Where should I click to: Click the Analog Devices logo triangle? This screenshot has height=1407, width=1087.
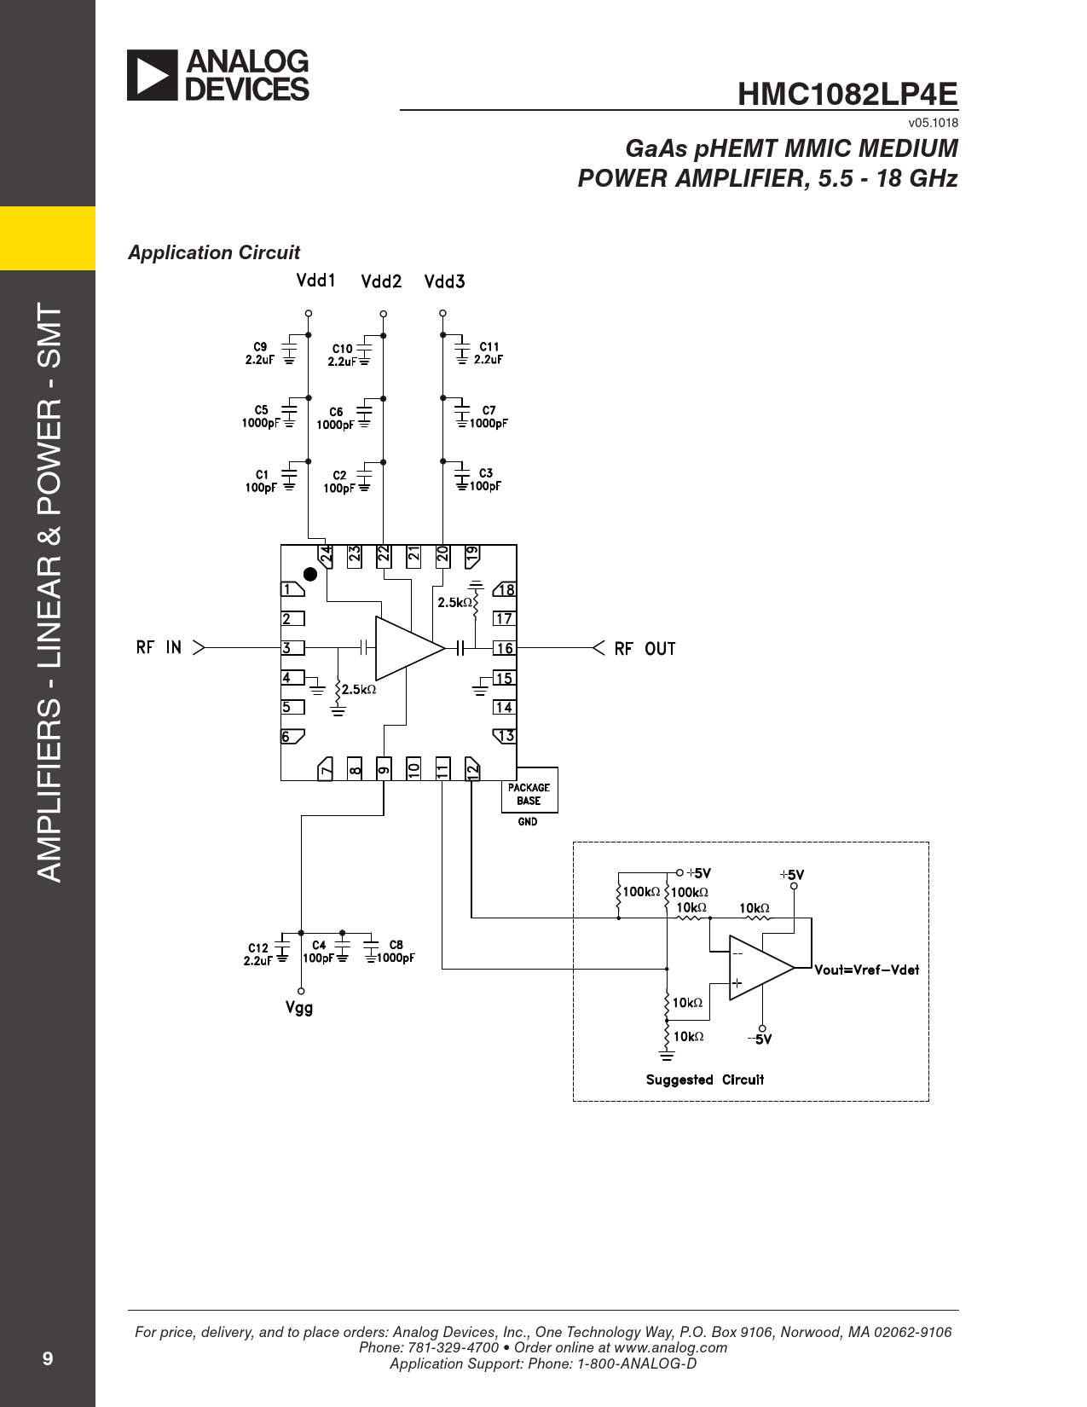tap(152, 75)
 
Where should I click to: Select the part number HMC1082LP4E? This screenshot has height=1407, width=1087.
tap(847, 95)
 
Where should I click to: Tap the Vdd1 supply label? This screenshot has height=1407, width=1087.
tap(316, 281)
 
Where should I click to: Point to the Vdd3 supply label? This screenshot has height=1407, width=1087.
tap(445, 281)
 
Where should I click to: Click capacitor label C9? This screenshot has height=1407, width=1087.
tap(260, 347)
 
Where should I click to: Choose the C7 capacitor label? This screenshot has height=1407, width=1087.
tap(489, 410)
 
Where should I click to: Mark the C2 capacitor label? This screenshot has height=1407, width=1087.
tap(339, 475)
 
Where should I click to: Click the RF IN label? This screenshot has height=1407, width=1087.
tap(159, 647)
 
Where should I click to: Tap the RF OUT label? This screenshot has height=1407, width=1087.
tap(645, 649)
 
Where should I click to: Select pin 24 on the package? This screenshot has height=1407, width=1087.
tap(325, 556)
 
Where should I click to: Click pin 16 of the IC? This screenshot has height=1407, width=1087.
tap(505, 648)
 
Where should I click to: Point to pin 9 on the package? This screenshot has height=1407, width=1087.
tap(384, 768)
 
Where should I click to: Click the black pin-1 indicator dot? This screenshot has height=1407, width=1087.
tap(311, 575)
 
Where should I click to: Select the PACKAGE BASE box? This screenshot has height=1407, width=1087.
tap(529, 790)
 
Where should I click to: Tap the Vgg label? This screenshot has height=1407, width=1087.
tap(299, 1008)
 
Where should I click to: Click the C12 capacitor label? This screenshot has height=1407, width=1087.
tap(257, 948)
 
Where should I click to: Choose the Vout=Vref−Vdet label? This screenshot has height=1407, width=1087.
tap(867, 970)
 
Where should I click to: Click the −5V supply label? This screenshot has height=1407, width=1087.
tap(760, 1039)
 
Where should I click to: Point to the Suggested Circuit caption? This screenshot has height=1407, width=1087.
tap(705, 1080)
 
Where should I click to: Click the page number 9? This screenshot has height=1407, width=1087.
tap(47, 1358)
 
